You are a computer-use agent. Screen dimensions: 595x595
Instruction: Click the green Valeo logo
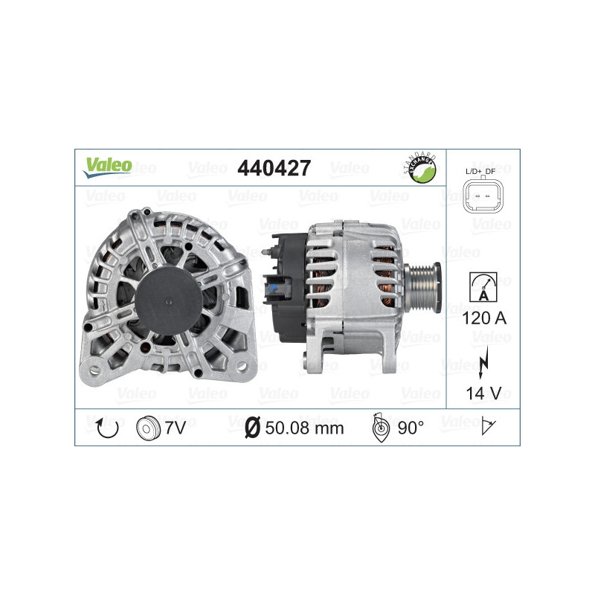pyautogui.click(x=107, y=167)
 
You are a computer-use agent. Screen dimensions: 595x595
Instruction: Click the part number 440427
pyautogui.click(x=273, y=168)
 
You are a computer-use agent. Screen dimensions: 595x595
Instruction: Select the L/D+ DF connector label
pyautogui.click(x=482, y=172)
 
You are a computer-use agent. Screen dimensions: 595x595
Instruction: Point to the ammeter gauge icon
pyautogui.click(x=483, y=286)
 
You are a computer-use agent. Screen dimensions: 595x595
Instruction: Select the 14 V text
pyautogui.click(x=483, y=392)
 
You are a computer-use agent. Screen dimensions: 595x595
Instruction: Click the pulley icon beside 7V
pyautogui.click(x=149, y=428)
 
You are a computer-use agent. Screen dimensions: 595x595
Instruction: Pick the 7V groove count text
pyautogui.click(x=174, y=428)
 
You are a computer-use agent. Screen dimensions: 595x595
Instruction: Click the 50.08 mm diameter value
pyautogui.click(x=303, y=428)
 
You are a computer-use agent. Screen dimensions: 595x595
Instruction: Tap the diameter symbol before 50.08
pyautogui.click(x=251, y=428)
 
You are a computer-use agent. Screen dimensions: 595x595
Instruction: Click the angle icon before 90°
pyautogui.click(x=379, y=427)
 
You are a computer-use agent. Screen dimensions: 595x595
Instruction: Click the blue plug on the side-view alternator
pyautogui.click(x=277, y=286)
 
